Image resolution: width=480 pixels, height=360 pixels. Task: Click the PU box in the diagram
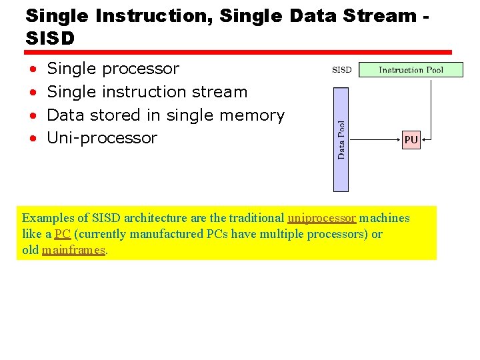[x=411, y=141]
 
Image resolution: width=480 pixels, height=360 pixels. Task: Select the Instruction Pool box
[x=411, y=69]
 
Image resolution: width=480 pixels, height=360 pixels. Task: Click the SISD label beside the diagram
[x=342, y=69]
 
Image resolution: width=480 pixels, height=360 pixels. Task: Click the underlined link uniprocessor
[x=321, y=218]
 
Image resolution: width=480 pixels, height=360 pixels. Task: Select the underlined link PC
[x=63, y=234]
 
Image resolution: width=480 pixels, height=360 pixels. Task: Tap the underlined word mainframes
[x=73, y=250]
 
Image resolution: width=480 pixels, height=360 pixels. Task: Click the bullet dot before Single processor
[x=33, y=69]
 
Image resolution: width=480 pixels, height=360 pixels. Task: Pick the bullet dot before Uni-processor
[x=33, y=139]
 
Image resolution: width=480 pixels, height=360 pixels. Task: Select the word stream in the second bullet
[x=219, y=92]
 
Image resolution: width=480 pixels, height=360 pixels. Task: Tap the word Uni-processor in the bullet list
[x=103, y=138]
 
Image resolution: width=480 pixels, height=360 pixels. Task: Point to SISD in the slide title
[x=50, y=39]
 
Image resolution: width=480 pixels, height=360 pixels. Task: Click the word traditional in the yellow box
[x=256, y=218]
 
